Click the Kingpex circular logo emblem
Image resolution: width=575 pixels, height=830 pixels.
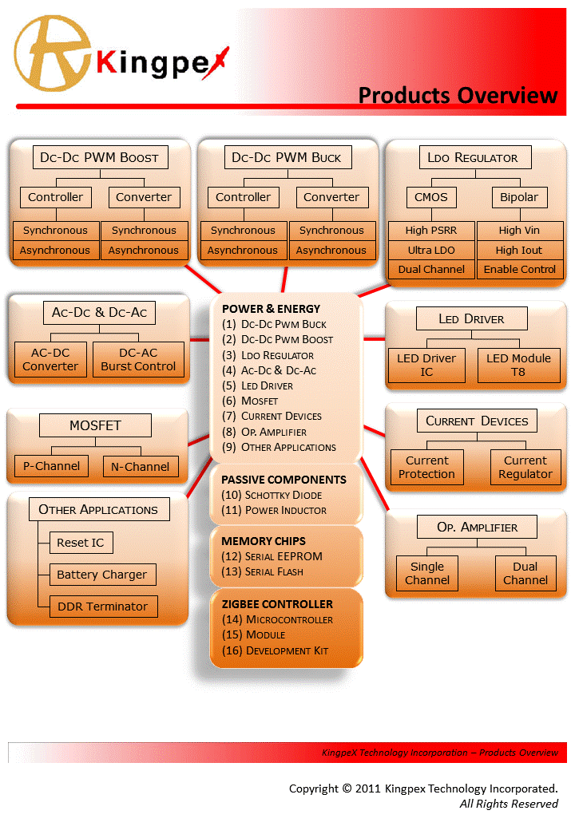52,54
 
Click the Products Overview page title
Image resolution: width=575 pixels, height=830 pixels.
457,95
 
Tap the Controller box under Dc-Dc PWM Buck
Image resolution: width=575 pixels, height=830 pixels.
243,197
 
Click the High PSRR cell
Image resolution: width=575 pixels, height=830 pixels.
431,231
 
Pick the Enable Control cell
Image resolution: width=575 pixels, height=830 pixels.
520,270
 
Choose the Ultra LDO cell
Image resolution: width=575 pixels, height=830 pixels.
431,250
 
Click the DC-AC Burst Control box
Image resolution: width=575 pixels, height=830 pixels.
138,359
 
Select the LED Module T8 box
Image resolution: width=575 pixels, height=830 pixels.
518,365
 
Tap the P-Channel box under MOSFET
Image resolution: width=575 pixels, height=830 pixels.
52,466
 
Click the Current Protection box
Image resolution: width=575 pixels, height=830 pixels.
426,467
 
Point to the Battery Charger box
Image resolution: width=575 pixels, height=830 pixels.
101,575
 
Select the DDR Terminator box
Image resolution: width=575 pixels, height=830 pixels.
102,607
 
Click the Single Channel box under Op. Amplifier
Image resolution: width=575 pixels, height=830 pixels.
427,573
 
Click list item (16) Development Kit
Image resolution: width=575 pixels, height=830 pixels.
276,650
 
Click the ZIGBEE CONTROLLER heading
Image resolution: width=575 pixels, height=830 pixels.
277,604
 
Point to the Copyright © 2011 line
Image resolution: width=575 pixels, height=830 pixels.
423,788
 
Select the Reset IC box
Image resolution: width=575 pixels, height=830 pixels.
80,543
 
